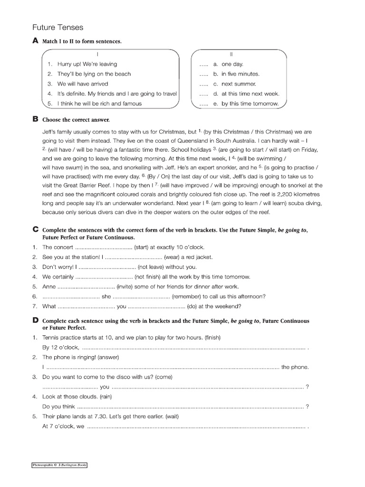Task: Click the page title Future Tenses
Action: (58, 28)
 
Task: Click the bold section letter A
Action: (35, 41)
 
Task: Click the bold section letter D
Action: (35, 321)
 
